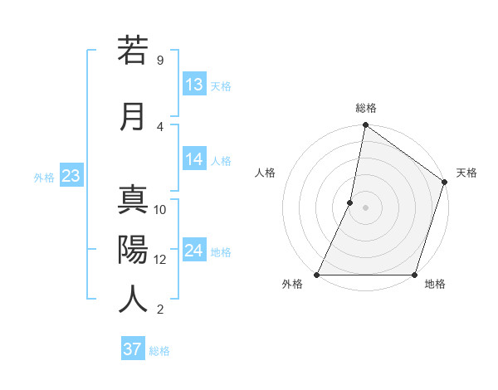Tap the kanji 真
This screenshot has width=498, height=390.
click(133, 200)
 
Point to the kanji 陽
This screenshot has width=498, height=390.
click(133, 248)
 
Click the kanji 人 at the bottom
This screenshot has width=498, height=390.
click(133, 298)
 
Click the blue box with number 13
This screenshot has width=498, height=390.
click(194, 85)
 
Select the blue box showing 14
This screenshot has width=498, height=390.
click(194, 160)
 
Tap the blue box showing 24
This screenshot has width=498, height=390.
click(194, 251)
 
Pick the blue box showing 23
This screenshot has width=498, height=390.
click(71, 176)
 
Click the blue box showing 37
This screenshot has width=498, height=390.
click(133, 349)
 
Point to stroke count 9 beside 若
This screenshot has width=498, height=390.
click(159, 61)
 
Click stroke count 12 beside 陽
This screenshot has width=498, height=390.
click(161, 259)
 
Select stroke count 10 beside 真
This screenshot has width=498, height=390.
click(161, 210)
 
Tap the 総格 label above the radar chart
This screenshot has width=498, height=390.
click(366, 108)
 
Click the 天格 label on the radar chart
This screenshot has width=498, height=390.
click(466, 173)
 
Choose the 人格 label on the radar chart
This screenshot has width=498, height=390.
click(265, 173)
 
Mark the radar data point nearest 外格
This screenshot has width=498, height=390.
click(317, 275)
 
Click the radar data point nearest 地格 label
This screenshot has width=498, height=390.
click(414, 275)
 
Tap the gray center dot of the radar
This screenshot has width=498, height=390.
click(365, 207)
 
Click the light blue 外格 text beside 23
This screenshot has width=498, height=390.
click(44, 177)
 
